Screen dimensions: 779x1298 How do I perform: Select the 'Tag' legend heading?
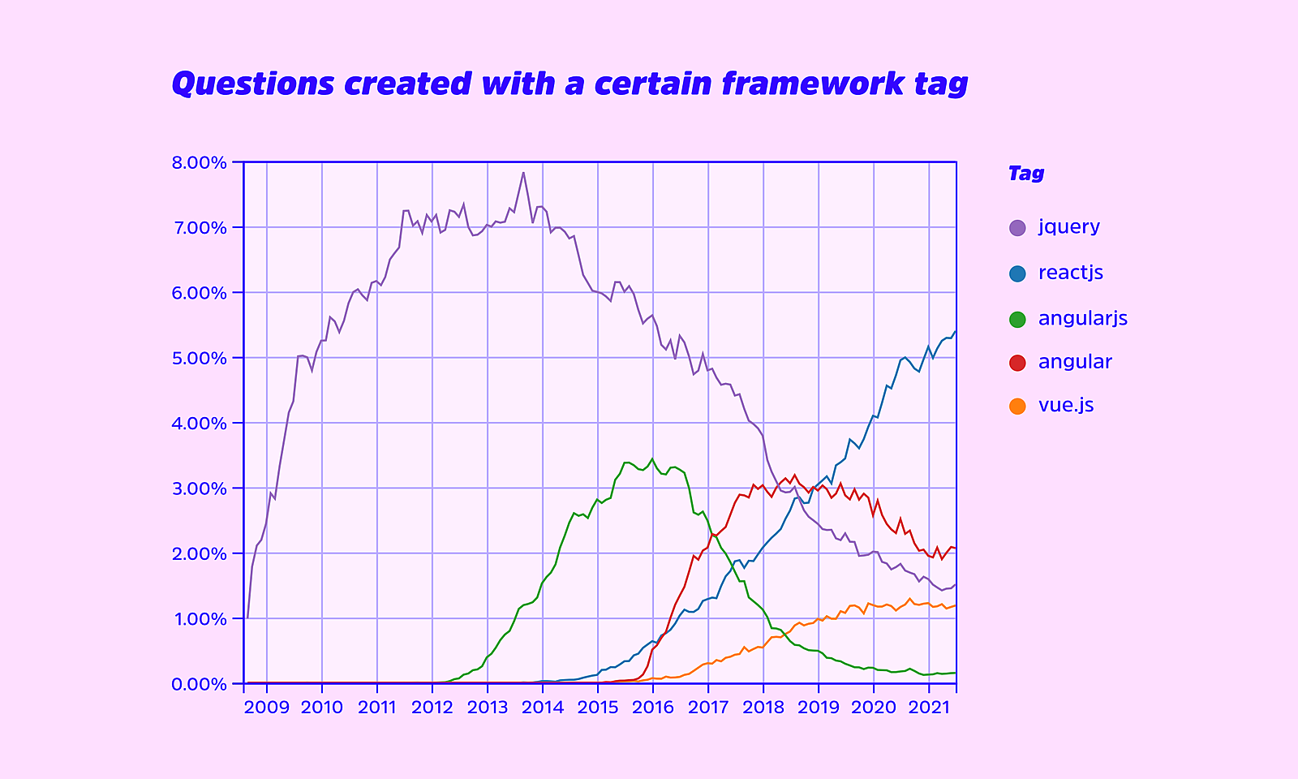tap(1025, 174)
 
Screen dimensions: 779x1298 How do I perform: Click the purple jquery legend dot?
tap(1017, 228)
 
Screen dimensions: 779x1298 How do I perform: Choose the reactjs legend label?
tap(1070, 273)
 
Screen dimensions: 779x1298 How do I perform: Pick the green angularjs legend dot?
tap(1017, 319)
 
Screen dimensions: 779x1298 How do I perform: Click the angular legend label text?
tap(1075, 362)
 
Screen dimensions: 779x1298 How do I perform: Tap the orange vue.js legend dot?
tap(1017, 406)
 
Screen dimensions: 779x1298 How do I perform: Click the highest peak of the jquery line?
tap(523, 172)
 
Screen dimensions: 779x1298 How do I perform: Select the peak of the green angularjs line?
tap(652, 458)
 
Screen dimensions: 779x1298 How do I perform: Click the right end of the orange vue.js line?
tap(956, 605)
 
